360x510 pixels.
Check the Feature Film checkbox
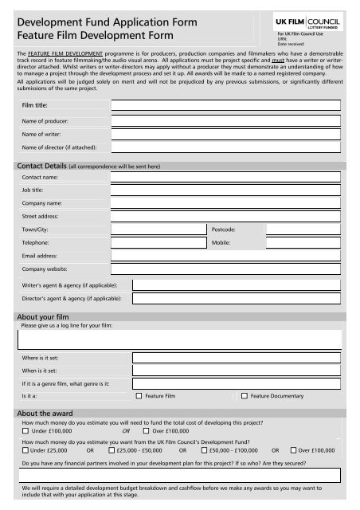[139, 395]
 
